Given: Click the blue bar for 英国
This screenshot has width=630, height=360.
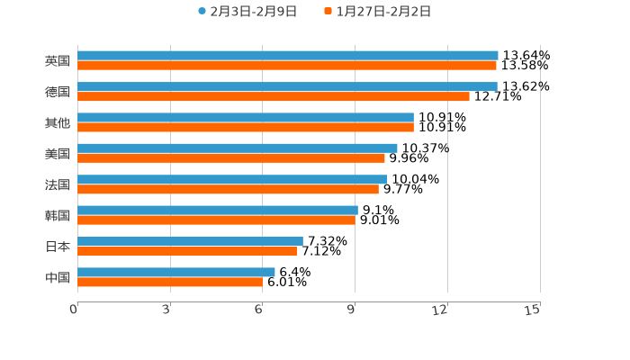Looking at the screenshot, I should (288, 56).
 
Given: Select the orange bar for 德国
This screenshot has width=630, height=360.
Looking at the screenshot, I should (274, 96).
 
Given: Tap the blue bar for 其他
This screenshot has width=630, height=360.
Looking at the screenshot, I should (246, 117).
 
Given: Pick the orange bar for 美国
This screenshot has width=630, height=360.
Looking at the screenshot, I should (231, 158).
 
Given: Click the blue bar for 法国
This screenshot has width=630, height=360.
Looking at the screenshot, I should (232, 179).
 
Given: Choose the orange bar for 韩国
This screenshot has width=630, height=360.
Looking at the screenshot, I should (216, 220).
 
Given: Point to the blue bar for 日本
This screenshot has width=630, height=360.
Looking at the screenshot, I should (190, 241).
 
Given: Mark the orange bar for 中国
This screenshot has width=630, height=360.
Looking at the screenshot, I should (170, 282).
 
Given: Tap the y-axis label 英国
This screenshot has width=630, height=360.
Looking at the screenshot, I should (58, 61).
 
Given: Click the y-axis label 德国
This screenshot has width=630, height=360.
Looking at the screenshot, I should (58, 92).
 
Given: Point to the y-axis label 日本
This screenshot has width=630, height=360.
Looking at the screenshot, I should (58, 247).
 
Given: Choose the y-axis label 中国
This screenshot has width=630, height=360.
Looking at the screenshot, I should (58, 277).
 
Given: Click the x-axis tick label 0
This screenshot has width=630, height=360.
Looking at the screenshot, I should (74, 310).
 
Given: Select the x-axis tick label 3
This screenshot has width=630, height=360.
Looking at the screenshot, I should (166, 310).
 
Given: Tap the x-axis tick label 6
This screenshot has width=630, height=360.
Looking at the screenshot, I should (259, 310).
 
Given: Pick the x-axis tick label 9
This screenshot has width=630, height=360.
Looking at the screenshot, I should (352, 310).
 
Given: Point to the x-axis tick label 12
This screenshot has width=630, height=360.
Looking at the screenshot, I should (441, 310).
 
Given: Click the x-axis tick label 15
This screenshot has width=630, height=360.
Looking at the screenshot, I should (533, 310).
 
